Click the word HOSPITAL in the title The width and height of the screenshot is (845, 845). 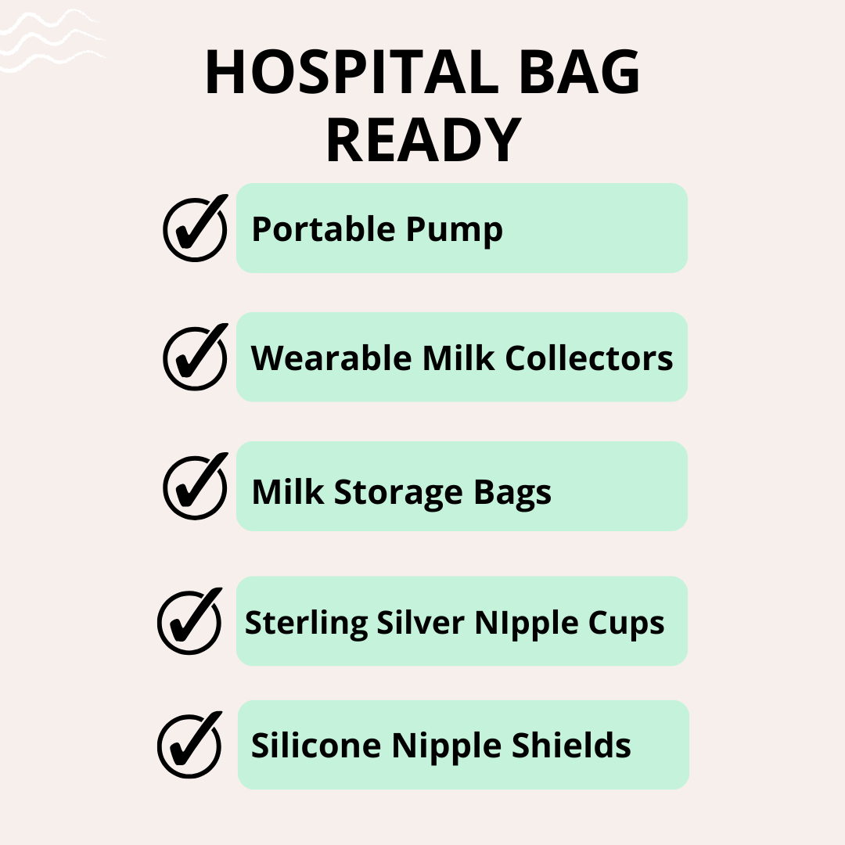352,72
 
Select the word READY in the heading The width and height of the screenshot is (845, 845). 423,139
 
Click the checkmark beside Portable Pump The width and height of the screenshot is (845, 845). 196,228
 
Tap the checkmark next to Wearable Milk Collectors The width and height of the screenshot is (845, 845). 196,357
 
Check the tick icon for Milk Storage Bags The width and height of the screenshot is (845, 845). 196,486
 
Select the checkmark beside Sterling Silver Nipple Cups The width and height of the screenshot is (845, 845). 189,620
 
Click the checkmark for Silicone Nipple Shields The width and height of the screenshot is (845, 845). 189,745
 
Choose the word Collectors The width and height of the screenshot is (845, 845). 589,358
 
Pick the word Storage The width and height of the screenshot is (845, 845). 398,493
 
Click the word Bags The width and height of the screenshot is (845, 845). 512,493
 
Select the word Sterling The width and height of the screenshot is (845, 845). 306,624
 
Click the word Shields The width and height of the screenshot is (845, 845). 571,745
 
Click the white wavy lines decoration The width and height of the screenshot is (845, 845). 53,41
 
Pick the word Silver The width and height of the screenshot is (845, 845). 420,623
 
